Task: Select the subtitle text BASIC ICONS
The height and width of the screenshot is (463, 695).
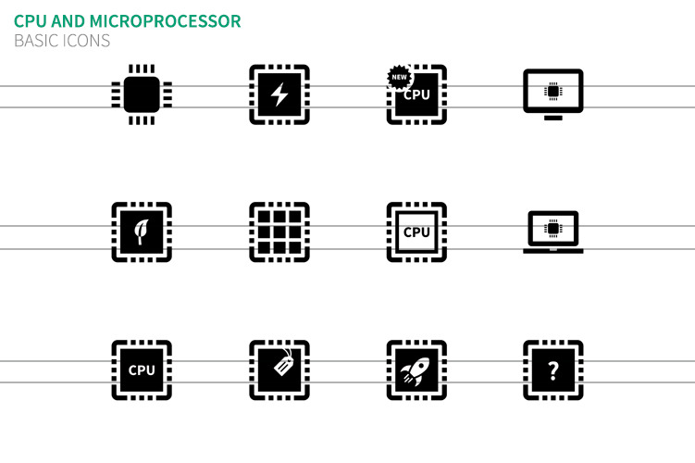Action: (x=62, y=41)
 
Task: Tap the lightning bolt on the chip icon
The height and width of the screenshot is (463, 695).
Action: (x=279, y=94)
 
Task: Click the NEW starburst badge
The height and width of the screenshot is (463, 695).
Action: (x=399, y=78)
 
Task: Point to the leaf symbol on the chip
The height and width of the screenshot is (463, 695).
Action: (x=142, y=231)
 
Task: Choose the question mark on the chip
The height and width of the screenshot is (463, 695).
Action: (x=553, y=370)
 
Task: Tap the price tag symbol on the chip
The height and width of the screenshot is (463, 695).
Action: (x=282, y=366)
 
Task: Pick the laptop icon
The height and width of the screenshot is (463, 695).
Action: (x=553, y=231)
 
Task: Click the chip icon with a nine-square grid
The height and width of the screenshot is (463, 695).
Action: (x=279, y=231)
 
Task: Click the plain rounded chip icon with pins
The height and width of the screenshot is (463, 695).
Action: (x=142, y=94)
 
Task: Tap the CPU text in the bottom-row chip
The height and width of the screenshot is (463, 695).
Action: (x=142, y=370)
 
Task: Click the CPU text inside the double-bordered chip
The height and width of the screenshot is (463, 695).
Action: (x=416, y=231)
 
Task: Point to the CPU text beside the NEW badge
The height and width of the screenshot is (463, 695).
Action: (x=417, y=94)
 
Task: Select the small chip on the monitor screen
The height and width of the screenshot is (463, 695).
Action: (x=553, y=91)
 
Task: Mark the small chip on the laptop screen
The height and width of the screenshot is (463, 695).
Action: (x=553, y=228)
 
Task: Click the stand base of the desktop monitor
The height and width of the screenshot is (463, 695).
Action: (x=553, y=118)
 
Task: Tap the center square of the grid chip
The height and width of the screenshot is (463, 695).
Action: (x=279, y=231)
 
